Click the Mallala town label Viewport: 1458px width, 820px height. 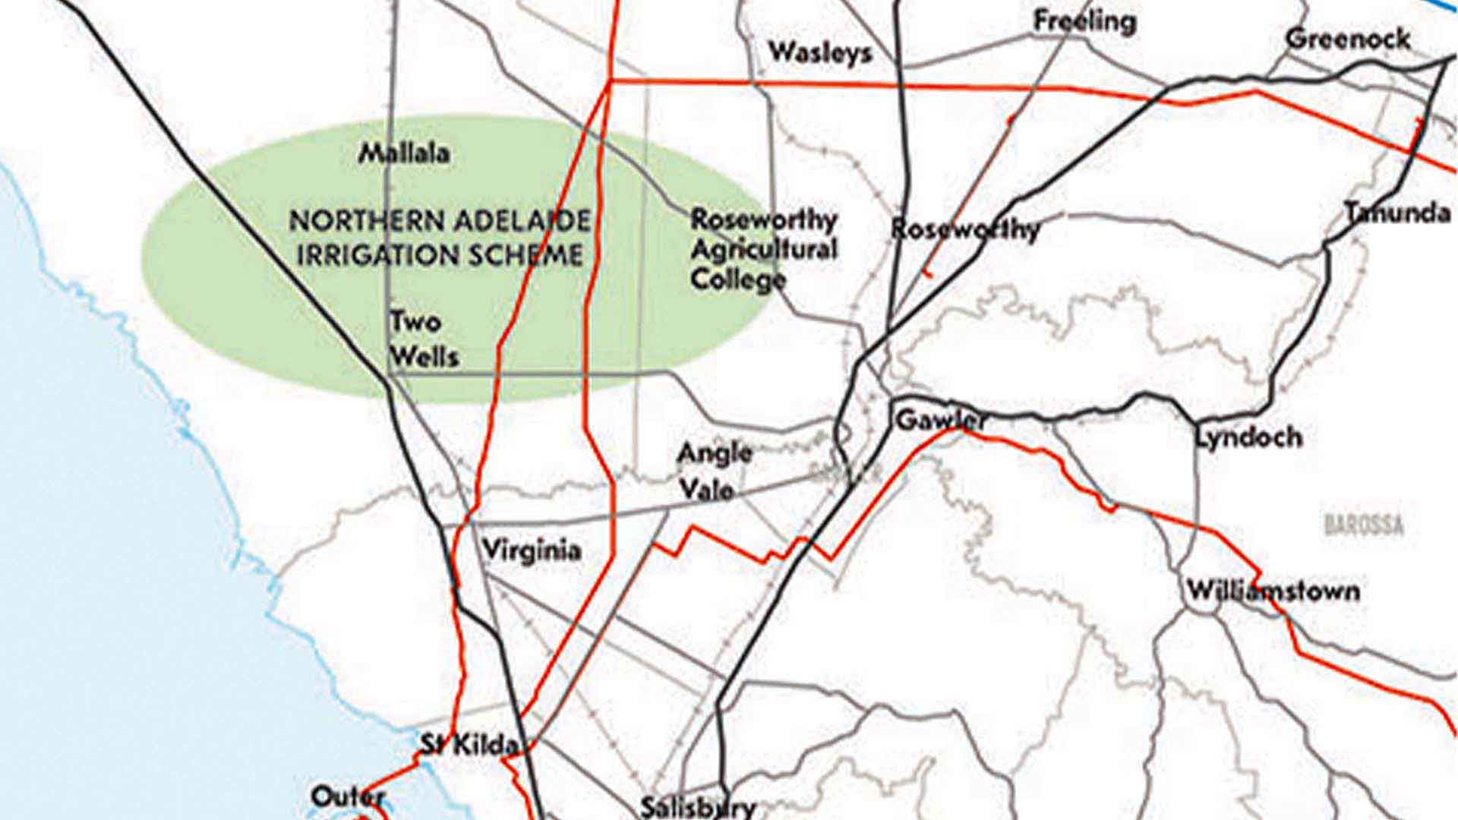404,153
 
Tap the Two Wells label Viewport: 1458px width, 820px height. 423,339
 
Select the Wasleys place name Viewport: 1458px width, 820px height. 820,53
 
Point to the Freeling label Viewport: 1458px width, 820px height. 1084,21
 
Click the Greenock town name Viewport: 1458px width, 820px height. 1348,39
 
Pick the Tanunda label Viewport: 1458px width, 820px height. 1397,213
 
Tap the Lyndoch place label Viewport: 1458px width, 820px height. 1248,437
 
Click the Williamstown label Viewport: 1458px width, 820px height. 1273,591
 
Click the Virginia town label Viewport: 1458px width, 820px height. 532,550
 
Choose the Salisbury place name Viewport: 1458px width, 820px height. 698,806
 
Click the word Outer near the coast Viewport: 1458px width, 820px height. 348,796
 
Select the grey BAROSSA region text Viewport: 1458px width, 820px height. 1364,525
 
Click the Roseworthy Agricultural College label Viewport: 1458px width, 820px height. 762,250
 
